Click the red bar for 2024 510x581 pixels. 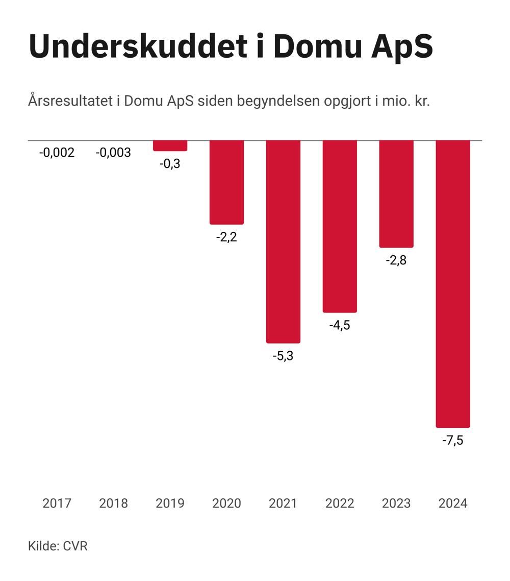[x=453, y=283]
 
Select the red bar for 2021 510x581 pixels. [x=283, y=241]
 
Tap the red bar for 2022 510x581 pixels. [x=340, y=226]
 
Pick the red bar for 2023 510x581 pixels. [x=396, y=193]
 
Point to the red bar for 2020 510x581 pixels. [x=226, y=182]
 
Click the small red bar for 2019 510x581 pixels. [x=170, y=146]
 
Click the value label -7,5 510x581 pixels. [x=453, y=440]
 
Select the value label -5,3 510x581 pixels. [x=283, y=356]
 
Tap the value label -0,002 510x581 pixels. [x=57, y=153]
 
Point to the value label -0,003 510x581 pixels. [x=113, y=153]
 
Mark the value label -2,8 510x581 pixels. [x=396, y=260]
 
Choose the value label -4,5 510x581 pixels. [x=340, y=325]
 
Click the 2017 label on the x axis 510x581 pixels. [x=57, y=503]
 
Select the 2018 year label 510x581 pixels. [x=113, y=503]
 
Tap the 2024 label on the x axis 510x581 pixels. [x=453, y=503]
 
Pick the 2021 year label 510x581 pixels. [x=283, y=503]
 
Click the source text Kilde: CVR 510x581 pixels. [x=58, y=546]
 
